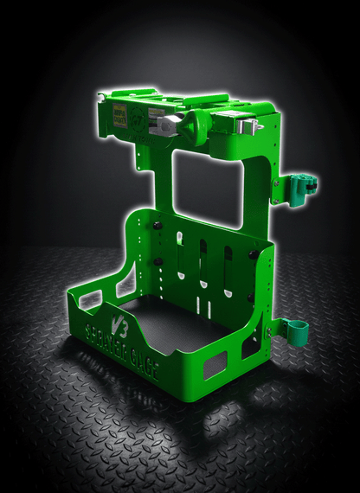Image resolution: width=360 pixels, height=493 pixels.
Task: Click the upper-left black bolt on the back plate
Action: coord(158,226)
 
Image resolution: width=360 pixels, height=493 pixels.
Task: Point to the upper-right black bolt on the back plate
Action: coord(252,254)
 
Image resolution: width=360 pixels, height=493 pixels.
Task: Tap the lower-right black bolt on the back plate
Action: coord(250,297)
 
